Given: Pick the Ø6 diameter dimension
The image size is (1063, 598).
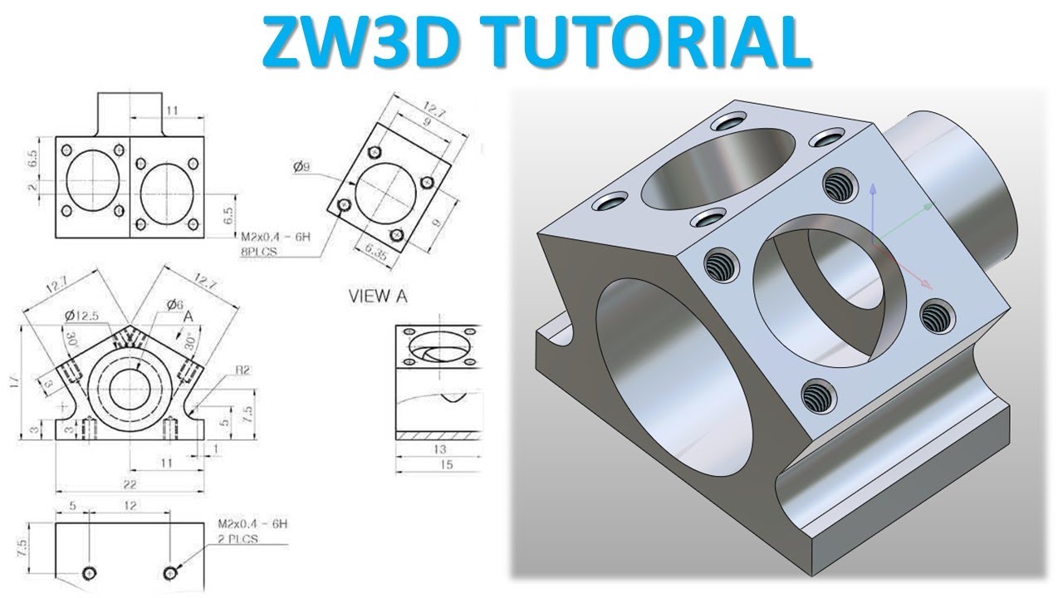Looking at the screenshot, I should click(x=174, y=305).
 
